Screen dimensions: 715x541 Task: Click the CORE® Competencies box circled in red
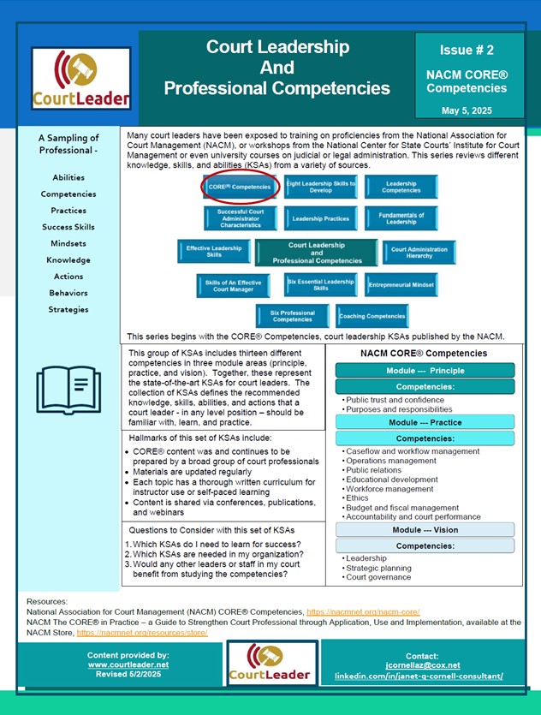click(240, 187)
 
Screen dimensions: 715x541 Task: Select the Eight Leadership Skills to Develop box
click(320, 187)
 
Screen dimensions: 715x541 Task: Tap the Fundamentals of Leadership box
click(401, 219)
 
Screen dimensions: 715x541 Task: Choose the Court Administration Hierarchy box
click(419, 253)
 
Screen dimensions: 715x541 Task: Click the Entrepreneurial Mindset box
click(401, 284)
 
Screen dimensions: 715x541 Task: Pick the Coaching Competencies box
click(372, 316)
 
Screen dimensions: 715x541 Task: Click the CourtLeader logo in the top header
click(81, 78)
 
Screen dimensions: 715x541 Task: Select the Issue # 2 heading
click(467, 51)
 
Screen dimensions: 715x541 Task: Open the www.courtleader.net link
click(128, 664)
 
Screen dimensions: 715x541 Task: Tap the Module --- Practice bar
click(425, 422)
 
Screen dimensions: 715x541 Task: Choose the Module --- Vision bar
click(425, 530)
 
